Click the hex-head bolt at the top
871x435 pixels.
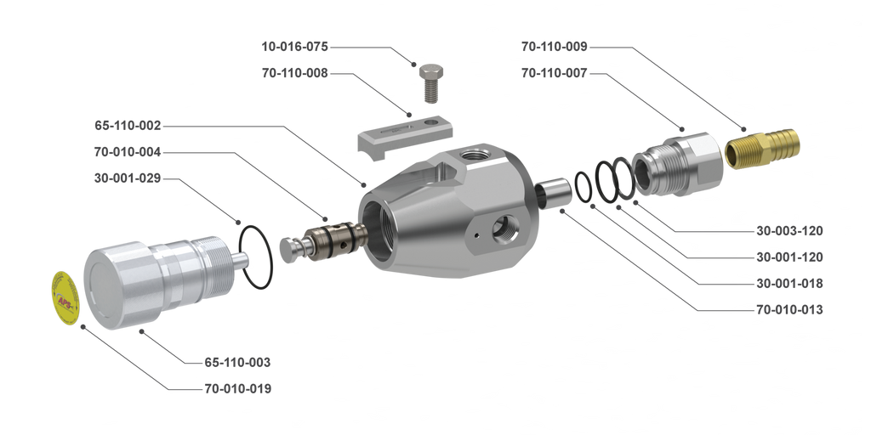[431, 79]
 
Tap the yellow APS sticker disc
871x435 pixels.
[65, 297]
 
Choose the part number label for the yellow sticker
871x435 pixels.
[237, 389]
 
